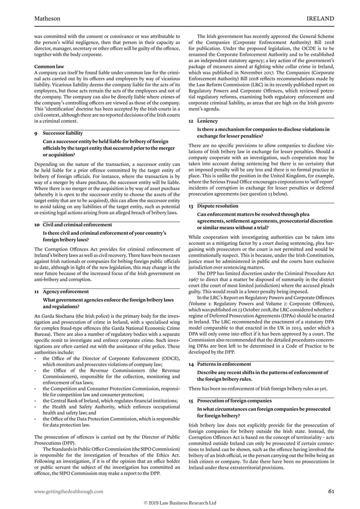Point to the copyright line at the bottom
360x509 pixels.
click(x=179, y=502)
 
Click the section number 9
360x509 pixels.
click(x=36, y=134)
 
